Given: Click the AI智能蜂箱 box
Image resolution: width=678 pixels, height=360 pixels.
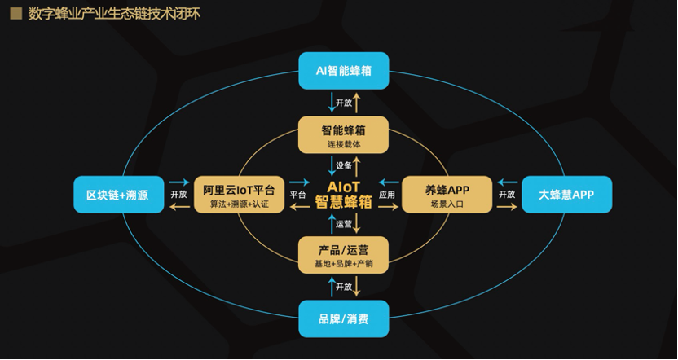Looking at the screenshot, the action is coord(343,71).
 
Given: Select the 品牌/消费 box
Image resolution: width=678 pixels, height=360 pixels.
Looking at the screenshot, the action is coord(343,318).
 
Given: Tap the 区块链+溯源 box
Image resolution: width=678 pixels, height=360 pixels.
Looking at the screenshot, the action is coord(118,195).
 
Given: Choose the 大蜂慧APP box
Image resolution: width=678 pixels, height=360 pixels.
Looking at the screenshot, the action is coord(566,195).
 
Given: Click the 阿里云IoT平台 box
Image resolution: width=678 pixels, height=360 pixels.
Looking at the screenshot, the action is coord(240,195).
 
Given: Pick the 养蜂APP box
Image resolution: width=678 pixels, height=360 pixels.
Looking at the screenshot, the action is coord(447,195).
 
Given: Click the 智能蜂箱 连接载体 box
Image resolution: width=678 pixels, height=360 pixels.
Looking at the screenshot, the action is coord(343,134).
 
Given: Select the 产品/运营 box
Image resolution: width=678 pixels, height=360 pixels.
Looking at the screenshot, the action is coord(343,254).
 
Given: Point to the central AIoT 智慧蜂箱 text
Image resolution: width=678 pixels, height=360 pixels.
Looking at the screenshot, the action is coord(343,195).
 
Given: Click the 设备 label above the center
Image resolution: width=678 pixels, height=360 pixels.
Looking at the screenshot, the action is coord(344,165).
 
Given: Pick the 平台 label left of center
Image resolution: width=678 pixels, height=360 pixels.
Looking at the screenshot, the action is coord(297,195).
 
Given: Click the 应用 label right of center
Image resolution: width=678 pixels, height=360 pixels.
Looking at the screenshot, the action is coord(387,195).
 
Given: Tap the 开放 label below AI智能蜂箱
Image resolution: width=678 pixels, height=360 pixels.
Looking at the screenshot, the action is coord(344,103).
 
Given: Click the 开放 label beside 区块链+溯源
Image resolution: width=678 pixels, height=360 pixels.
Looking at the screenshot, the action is coord(179,195).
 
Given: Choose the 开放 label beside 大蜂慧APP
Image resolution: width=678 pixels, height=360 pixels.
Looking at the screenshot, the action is coord(507,195).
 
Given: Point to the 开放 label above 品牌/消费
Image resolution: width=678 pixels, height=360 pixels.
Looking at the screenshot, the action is coord(344,287).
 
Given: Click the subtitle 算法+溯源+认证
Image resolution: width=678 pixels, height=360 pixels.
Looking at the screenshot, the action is coord(240,203).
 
